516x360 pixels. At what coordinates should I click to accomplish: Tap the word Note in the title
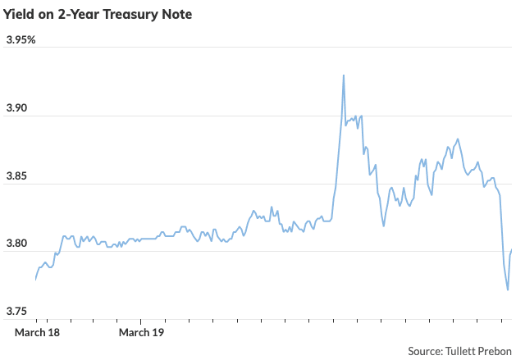click(176, 14)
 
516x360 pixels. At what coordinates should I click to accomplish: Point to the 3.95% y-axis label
click(21, 40)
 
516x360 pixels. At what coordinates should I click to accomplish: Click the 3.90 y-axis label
click(17, 108)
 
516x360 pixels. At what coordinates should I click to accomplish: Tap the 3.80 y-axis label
click(17, 244)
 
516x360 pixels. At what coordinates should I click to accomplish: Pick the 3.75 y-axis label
click(17, 312)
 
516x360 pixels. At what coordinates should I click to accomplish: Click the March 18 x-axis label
click(38, 332)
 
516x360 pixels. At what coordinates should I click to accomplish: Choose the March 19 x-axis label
click(142, 332)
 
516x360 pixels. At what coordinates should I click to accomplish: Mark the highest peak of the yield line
click(344, 75)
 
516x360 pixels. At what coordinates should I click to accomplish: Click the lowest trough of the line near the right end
click(508, 289)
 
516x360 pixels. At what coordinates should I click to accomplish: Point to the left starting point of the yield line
click(35, 280)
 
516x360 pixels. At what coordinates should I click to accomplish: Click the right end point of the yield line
click(512, 249)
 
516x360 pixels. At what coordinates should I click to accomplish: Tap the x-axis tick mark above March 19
click(141, 321)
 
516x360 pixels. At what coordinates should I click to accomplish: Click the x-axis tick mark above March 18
click(37, 321)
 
